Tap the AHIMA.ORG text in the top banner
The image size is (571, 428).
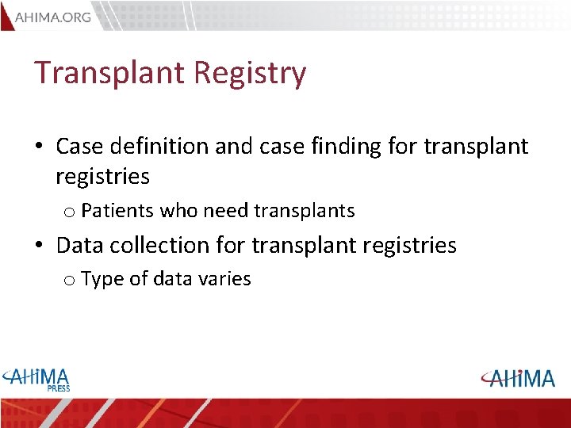pos(53,17)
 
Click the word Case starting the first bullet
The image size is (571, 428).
pos(75,147)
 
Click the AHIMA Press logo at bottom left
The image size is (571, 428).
pos(36,378)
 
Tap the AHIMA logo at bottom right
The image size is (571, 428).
pos(517,378)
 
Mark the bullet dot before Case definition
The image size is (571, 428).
pos(39,147)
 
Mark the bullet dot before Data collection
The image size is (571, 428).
pos(39,246)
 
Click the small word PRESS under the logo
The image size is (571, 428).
pos(58,388)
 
